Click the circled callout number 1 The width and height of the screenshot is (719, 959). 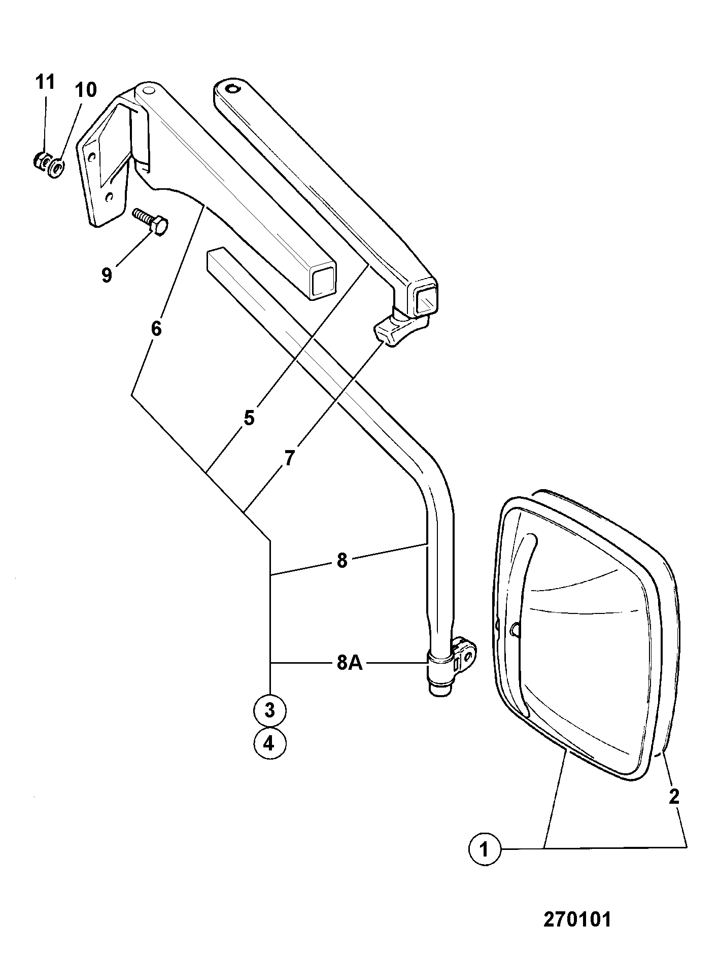[x=484, y=848]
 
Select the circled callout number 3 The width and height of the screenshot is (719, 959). [x=269, y=710]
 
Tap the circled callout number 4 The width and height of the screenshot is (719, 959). [x=269, y=744]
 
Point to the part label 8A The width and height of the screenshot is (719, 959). [x=350, y=663]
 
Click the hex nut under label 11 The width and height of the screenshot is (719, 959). [x=41, y=162]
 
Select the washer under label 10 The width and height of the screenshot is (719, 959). [x=55, y=166]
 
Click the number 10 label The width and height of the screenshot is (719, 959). [x=85, y=90]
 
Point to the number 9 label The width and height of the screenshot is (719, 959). [x=107, y=276]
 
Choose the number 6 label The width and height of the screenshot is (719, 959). [x=156, y=329]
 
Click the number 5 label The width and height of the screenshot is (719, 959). [x=249, y=419]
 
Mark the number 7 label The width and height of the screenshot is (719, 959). [x=289, y=458]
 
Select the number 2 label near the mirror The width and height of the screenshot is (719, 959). [x=674, y=796]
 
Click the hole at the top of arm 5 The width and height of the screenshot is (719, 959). [x=232, y=89]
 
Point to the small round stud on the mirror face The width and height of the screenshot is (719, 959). [x=515, y=629]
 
